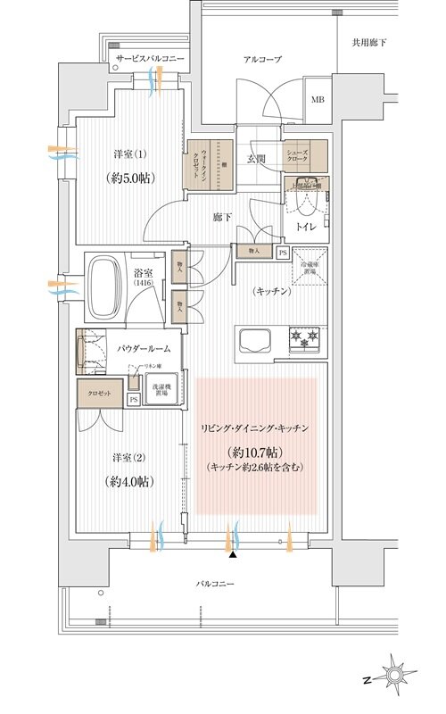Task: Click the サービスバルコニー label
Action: pyautogui.click(x=149, y=58)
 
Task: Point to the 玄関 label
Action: pyautogui.click(x=257, y=159)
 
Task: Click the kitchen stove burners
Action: pyautogui.click(x=298, y=339)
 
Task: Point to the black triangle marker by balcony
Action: pyautogui.click(x=234, y=555)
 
